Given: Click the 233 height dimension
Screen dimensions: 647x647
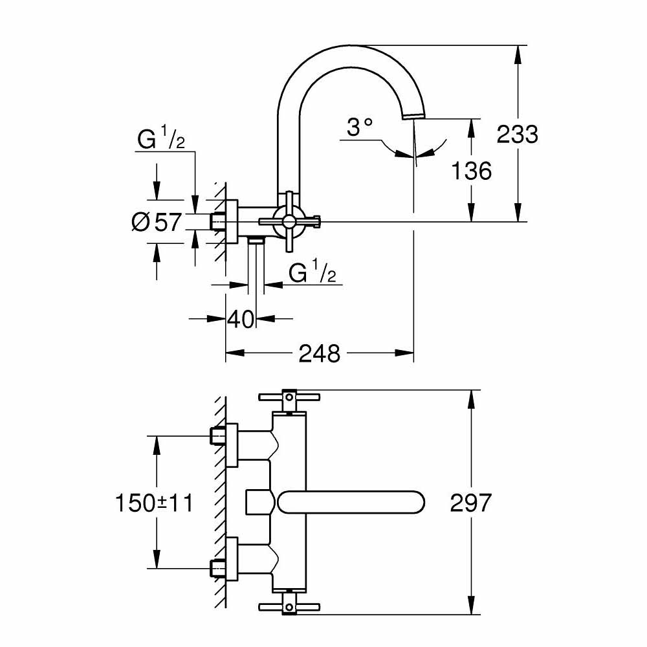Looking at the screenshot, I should (x=517, y=134).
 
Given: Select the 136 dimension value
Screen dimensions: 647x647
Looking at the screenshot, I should (x=472, y=171).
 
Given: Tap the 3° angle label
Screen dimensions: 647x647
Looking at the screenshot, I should (x=360, y=127).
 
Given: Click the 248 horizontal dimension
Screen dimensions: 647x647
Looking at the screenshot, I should (x=319, y=353).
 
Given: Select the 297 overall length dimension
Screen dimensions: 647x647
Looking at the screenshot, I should (x=471, y=503).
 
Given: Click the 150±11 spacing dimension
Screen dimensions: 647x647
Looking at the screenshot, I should (x=154, y=503).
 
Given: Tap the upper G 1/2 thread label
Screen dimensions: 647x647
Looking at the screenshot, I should (x=161, y=140).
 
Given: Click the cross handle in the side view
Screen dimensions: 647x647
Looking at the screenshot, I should (x=287, y=222).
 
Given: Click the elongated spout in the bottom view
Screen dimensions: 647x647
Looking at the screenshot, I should (x=350, y=503).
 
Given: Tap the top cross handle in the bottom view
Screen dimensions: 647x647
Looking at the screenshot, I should (x=286, y=398).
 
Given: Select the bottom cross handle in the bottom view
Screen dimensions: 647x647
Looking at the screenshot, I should (x=286, y=607).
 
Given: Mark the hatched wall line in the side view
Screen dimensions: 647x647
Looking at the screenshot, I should (x=221, y=214).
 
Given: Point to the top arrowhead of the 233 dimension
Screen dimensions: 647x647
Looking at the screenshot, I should (x=517, y=52).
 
